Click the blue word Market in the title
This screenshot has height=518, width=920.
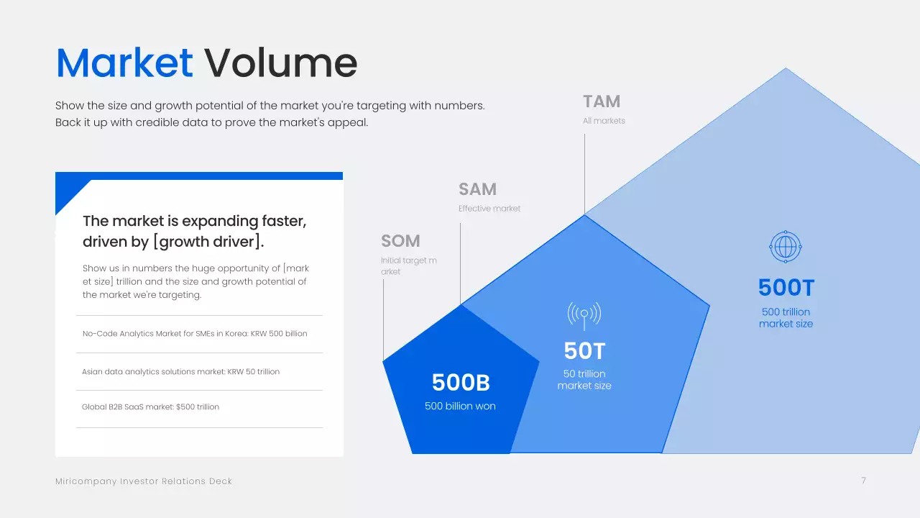coord(124,63)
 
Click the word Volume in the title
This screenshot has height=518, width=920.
coord(281,63)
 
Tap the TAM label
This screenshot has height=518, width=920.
coord(602,101)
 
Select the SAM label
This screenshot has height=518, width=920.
coord(477,189)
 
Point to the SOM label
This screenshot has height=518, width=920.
coord(400,241)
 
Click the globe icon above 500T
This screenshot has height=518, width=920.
coord(785,247)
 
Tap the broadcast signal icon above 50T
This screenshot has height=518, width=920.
coord(584,314)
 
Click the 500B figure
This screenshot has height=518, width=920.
coord(461,383)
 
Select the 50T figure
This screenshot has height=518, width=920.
coord(584,351)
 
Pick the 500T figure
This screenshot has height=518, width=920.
coord(786,288)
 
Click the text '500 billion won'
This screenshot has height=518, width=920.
coord(460,406)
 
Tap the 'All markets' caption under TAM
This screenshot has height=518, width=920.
coord(604,121)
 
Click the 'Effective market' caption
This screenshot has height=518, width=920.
coord(489,209)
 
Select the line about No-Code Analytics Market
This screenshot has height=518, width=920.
coord(195,334)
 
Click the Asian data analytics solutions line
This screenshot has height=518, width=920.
coord(180,372)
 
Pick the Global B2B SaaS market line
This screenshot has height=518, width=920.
coord(150,407)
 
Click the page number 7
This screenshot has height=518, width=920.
coord(863,481)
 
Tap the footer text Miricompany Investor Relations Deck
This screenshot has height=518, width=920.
coord(144,481)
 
